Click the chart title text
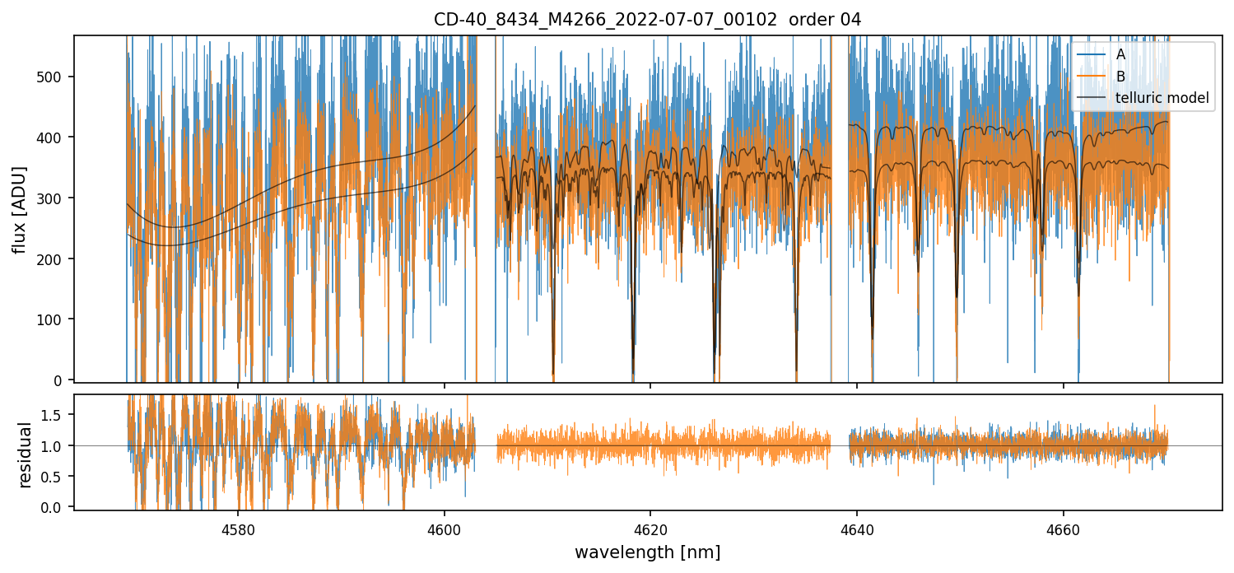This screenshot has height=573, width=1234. click(647, 20)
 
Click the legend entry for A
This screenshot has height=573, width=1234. click(1120, 55)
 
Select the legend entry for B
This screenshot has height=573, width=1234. click(1120, 77)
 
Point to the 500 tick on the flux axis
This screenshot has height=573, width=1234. click(54, 77)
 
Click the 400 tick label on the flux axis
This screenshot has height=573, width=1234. click(54, 137)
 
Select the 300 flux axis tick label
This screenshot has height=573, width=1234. click(54, 198)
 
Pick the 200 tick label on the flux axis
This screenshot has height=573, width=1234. click(54, 259)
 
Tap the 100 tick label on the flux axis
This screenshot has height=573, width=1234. click(54, 319)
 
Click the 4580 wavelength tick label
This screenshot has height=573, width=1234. click(237, 528)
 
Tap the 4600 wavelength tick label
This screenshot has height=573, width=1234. click(444, 528)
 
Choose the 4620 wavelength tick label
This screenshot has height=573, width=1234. click(650, 528)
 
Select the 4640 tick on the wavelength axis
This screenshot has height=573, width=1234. click(857, 528)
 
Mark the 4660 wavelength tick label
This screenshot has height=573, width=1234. click(1063, 528)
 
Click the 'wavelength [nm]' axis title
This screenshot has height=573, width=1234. click(647, 552)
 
